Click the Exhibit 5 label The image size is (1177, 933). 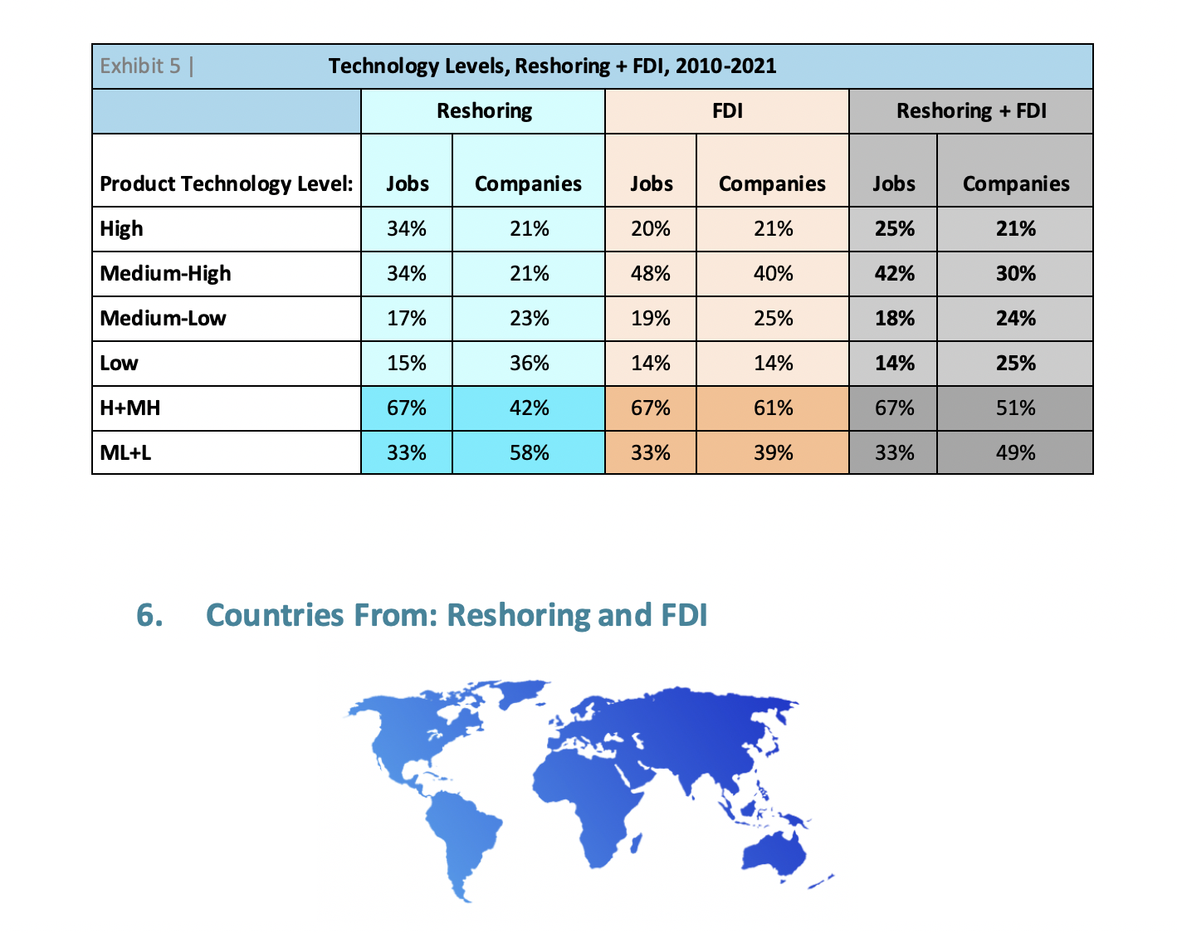click(x=140, y=66)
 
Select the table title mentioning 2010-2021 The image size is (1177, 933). click(x=552, y=66)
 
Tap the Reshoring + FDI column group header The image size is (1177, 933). click(x=970, y=111)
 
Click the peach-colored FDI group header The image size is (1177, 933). click(x=727, y=111)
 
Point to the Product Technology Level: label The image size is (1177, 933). click(x=226, y=183)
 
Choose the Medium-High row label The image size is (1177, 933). click(x=165, y=274)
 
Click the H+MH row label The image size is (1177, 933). click(x=129, y=408)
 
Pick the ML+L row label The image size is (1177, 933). click(x=125, y=453)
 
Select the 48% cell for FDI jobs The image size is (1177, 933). click(x=650, y=274)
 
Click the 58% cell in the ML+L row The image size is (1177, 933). click(x=529, y=453)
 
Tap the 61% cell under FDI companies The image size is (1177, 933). click(x=773, y=408)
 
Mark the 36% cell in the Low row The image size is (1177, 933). click(x=529, y=364)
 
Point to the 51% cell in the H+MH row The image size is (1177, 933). click(x=1015, y=408)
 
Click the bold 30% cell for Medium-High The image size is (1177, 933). click(x=1015, y=274)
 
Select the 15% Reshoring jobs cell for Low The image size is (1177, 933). click(x=407, y=364)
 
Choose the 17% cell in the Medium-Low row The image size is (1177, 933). click(x=407, y=319)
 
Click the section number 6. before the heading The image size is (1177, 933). click(x=149, y=615)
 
